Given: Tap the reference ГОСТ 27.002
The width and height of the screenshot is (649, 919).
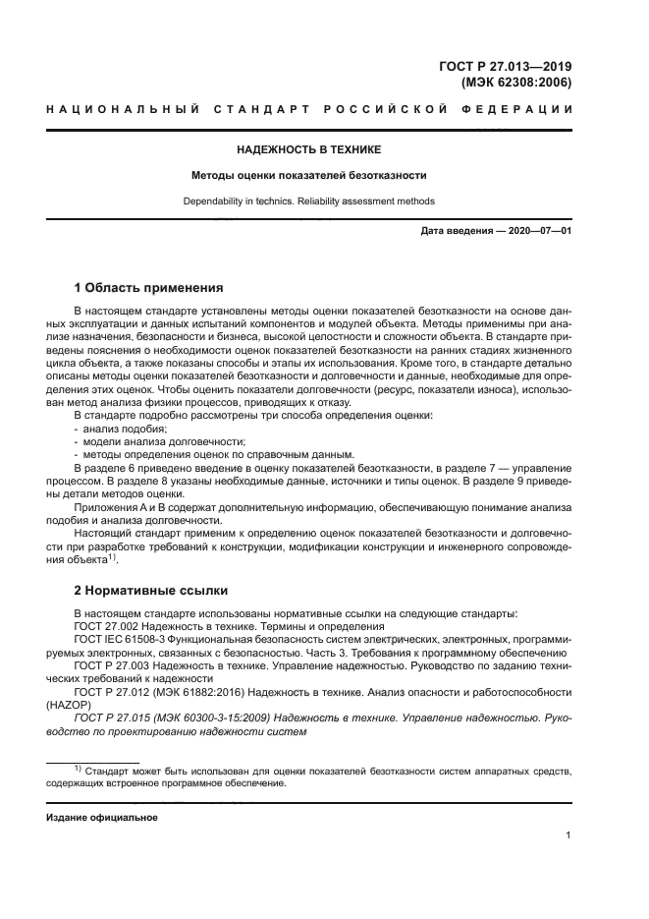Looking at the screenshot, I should coord(111,626).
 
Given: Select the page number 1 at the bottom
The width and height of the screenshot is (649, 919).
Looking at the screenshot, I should coord(568,835).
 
